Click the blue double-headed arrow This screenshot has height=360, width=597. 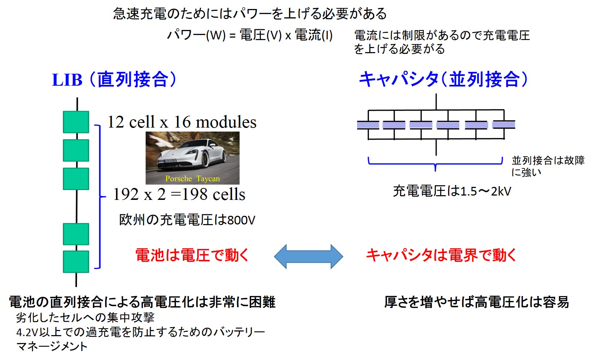[308, 256]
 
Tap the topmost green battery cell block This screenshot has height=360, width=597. [76, 122]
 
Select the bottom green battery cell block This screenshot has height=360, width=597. [76, 261]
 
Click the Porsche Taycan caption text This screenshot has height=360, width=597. [192, 179]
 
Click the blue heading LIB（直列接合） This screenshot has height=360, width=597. [115, 80]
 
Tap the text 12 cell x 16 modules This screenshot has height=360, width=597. [182, 122]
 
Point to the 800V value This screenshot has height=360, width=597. [241, 220]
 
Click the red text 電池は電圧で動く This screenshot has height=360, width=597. [192, 255]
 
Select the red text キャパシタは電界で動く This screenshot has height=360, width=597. [441, 255]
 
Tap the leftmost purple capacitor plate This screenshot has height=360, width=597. [368, 125]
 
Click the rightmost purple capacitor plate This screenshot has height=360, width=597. [504, 125]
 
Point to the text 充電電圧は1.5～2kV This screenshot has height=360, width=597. [452, 191]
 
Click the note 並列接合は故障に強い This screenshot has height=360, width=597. [547, 166]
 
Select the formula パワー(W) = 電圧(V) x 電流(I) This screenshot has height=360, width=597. [250, 35]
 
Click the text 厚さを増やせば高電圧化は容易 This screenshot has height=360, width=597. [476, 302]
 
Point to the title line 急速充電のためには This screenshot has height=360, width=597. [250, 14]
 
